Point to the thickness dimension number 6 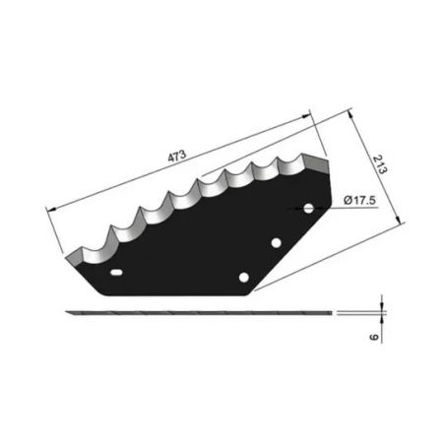374,335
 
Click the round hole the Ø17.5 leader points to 308,209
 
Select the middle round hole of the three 277,243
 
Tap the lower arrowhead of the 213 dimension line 400,225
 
